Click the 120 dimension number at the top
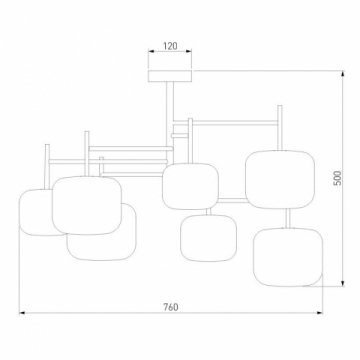click(x=170, y=46)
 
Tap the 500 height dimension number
click(x=338, y=178)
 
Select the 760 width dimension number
click(x=171, y=307)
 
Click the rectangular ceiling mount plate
click(x=170, y=76)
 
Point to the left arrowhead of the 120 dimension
click(x=151, y=51)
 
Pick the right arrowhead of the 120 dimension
click(x=189, y=51)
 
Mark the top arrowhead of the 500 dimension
click(x=343, y=74)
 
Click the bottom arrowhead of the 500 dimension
click(x=343, y=283)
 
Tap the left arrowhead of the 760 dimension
click(x=22, y=313)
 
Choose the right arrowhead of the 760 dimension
click(x=319, y=313)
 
